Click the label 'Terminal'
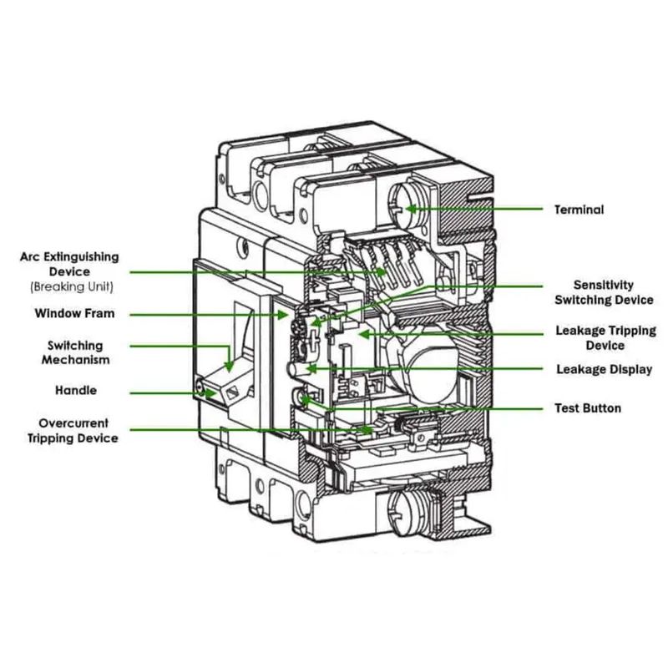point(579,210)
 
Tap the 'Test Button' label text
point(588,408)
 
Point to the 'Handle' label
point(76,391)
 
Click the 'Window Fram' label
point(74,314)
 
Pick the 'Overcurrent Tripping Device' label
point(73,431)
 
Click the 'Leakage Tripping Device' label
point(605,338)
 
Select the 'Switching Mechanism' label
point(76,352)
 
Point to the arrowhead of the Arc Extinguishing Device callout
point(386,272)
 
